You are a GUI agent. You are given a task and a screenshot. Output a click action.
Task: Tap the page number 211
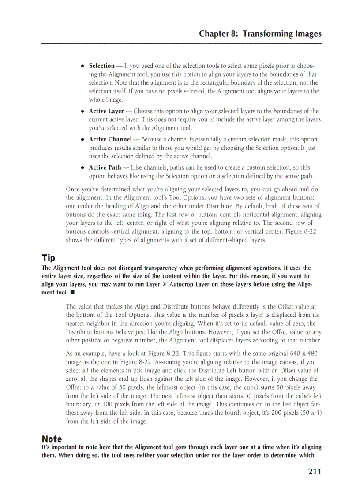pos(315,472)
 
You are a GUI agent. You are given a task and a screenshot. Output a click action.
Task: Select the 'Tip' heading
pos(48,257)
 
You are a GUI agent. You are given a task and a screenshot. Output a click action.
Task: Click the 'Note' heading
pos(52,439)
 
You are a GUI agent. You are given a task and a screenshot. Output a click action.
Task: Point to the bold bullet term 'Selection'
pos(101,66)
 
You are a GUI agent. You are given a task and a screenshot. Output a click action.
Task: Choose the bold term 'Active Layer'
pos(106,112)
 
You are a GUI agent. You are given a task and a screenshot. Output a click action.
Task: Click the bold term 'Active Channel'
pos(110,140)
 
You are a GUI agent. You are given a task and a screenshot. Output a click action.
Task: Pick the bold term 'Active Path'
pos(105,168)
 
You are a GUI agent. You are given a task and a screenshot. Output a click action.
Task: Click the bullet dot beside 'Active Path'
pos(82,168)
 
